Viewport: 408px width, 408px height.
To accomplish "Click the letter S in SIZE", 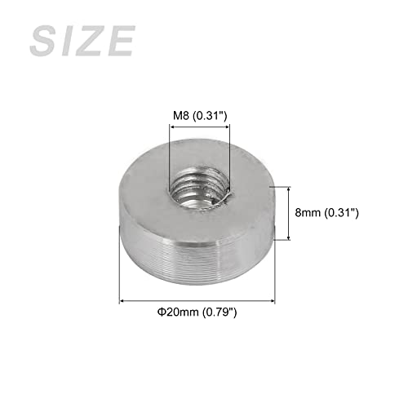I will pyautogui.click(x=45, y=40).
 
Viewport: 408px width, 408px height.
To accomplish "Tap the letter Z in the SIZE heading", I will pyautogui.click(x=92, y=40).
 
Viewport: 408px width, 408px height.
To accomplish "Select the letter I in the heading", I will pyautogui.click(x=70, y=40).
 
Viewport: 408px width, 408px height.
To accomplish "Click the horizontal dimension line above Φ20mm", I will pyautogui.click(x=196, y=301).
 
